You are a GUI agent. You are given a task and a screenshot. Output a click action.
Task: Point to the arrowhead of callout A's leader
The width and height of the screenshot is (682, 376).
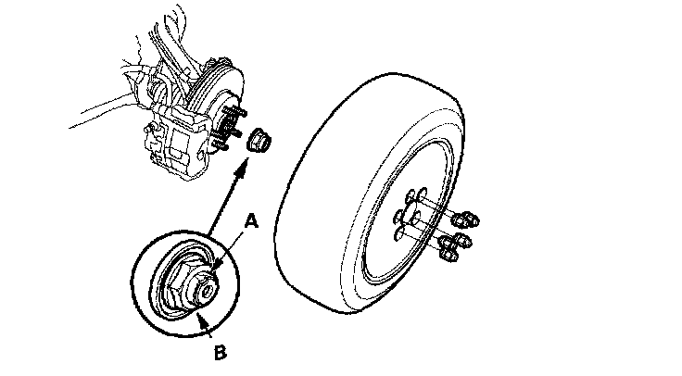pos(214,268)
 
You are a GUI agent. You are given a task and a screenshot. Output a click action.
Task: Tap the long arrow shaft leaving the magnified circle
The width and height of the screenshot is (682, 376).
pos(222,208)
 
